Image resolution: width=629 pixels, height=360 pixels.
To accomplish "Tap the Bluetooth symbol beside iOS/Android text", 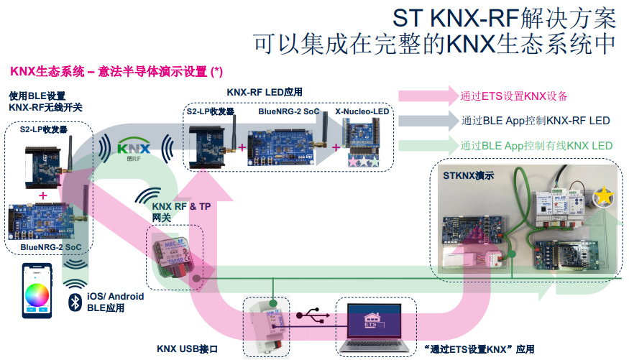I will point(73,301).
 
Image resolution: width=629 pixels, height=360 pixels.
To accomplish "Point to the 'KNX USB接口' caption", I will point(187,349).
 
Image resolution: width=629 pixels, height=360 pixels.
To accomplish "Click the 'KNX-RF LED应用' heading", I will point(264,92).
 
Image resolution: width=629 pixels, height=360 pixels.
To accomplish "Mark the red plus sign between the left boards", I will point(43,195).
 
